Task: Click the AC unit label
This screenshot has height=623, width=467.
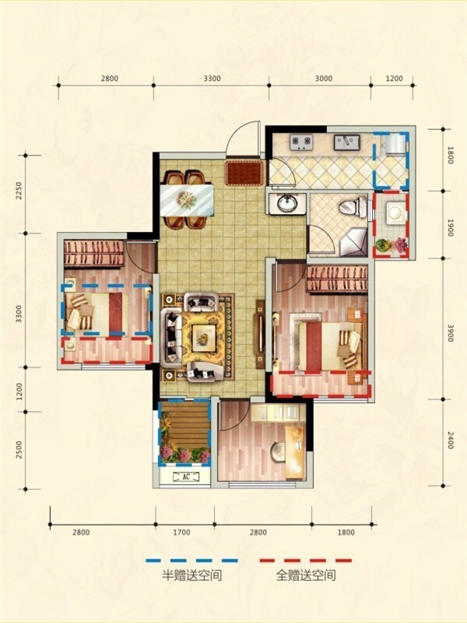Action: pos(186,477)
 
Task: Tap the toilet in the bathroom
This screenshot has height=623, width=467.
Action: pos(354,207)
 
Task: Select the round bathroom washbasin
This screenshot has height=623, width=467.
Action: pos(286,204)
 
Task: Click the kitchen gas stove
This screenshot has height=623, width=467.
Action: pos(301,143)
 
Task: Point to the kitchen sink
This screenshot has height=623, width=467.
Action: pos(346,143)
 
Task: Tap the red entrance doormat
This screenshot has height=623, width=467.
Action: pos(244,173)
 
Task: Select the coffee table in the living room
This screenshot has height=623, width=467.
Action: pos(204,338)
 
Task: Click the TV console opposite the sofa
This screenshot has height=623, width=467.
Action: pos(261,334)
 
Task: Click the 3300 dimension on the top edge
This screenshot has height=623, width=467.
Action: pos(212,79)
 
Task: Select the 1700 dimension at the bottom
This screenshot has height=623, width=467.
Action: pos(181,533)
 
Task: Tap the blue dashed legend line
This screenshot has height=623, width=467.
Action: pos(191,561)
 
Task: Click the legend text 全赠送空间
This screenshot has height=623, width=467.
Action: pos(306,575)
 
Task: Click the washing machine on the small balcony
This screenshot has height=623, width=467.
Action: pos(395,212)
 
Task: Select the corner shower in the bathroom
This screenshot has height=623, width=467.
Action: pos(354,241)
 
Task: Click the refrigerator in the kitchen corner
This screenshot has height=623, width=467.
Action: pos(395,144)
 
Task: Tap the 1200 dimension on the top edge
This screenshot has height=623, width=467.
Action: pos(394,79)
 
